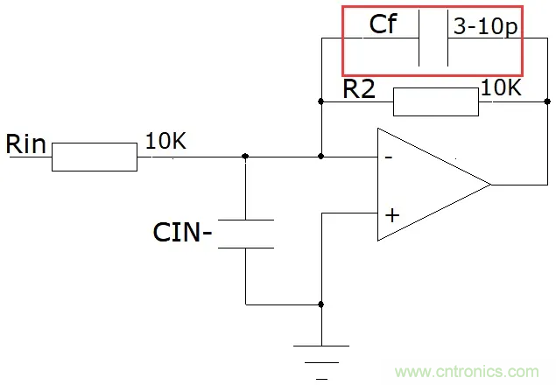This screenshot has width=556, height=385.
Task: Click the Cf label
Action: pyautogui.click(x=383, y=24)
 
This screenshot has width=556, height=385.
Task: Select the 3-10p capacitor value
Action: pyautogui.click(x=485, y=27)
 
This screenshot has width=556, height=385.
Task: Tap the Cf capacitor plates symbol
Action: pyautogui.click(x=434, y=38)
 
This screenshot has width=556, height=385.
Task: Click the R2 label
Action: pyautogui.click(x=360, y=88)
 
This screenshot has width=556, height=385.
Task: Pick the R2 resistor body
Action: pyautogui.click(x=435, y=102)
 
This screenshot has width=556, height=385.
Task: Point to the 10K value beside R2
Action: pyautogui.click(x=501, y=88)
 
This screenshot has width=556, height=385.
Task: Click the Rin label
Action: pyautogui.click(x=26, y=143)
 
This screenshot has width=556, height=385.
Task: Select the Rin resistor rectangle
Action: pyautogui.click(x=95, y=157)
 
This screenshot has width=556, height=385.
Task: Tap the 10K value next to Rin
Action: pyautogui.click(x=165, y=141)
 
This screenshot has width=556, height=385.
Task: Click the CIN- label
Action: pyautogui.click(x=183, y=233)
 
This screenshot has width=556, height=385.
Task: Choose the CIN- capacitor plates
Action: pyautogui.click(x=246, y=234)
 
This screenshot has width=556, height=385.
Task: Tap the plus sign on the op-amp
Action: pyautogui.click(x=391, y=213)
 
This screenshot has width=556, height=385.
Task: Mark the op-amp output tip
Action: pyautogui.click(x=489, y=185)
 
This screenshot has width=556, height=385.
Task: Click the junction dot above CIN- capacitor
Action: pyautogui.click(x=246, y=157)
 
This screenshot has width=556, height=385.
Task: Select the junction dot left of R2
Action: pyautogui.click(x=322, y=102)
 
